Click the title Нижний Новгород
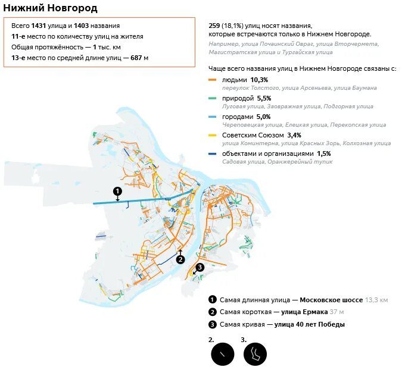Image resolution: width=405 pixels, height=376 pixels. (51, 8)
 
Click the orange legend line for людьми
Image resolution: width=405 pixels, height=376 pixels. (213, 80)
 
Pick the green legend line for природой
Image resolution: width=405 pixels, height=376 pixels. (213, 98)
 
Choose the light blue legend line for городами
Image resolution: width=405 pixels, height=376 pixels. (213, 117)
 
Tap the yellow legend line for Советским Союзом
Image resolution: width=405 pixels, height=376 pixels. (213, 135)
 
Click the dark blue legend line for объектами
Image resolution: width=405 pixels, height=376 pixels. (213, 153)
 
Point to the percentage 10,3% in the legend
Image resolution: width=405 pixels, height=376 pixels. (259, 80)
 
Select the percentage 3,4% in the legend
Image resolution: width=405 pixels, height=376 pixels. (294, 135)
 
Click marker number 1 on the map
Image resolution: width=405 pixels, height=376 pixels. (117, 191)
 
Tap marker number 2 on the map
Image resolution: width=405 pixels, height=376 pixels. (181, 259)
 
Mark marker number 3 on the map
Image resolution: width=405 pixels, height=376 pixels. (200, 267)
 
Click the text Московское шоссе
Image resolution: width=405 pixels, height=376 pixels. (331, 300)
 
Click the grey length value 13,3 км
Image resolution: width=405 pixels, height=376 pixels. (377, 300)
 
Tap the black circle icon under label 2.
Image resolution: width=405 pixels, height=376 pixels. (223, 354)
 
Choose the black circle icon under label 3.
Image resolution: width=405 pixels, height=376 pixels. (255, 354)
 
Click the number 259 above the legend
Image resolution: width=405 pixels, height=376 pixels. (214, 26)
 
